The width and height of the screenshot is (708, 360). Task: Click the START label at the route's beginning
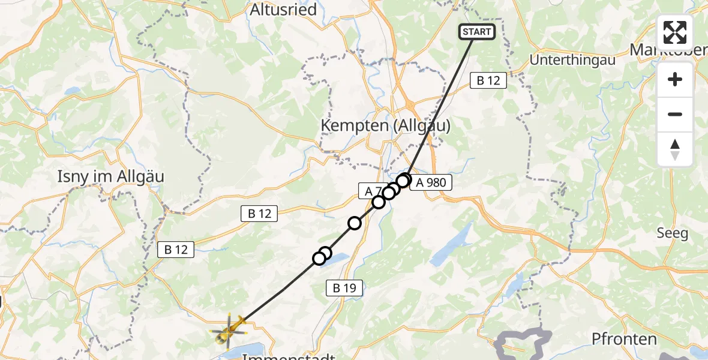[x=477, y=32]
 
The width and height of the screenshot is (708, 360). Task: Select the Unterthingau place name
[x=573, y=61]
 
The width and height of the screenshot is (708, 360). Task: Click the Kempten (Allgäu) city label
[x=386, y=125]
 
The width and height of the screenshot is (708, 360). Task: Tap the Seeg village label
[x=672, y=233]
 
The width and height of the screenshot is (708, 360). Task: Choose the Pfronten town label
[x=624, y=339]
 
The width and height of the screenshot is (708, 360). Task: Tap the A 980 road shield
[x=430, y=183]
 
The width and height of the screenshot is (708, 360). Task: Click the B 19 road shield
[x=344, y=289]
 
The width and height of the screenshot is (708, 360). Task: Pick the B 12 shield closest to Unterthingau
[x=488, y=80]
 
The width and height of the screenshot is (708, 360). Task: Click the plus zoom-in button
[x=675, y=79]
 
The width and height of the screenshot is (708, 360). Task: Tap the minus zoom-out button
[x=675, y=114]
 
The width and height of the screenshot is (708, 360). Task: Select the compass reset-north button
[x=675, y=149]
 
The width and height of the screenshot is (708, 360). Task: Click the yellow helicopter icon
[x=229, y=329]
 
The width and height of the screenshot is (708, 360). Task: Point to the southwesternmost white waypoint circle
[x=319, y=259]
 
